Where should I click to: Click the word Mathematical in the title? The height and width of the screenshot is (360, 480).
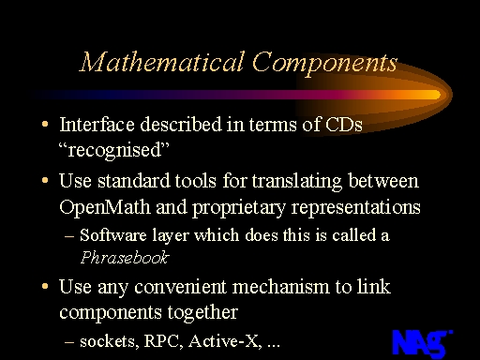pyautogui.click(x=162, y=62)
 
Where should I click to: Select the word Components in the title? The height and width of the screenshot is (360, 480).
pyautogui.click(x=324, y=64)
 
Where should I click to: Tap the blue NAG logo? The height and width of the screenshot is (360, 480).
pyautogui.click(x=422, y=343)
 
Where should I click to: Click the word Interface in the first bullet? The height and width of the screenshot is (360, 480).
pyautogui.click(x=97, y=125)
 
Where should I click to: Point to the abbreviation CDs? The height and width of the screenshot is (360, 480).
pyautogui.click(x=344, y=125)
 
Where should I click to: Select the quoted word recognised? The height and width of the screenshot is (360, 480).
pyautogui.click(x=114, y=150)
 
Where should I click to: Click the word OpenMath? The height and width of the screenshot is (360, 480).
pyautogui.click(x=105, y=207)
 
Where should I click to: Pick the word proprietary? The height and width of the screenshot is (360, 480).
pyautogui.click(x=238, y=208)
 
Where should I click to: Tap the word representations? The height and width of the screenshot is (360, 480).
pyautogui.click(x=355, y=208)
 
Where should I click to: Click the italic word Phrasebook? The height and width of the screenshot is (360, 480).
pyautogui.click(x=125, y=258)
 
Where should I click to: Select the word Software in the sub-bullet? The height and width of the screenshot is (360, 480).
pyautogui.click(x=113, y=235)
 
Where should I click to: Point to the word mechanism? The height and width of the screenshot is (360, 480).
pyautogui.click(x=281, y=287)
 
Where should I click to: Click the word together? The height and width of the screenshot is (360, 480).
pyautogui.click(x=202, y=312)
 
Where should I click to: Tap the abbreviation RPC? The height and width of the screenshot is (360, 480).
pyautogui.click(x=163, y=341)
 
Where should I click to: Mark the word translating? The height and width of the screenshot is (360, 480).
pyautogui.click(x=297, y=182)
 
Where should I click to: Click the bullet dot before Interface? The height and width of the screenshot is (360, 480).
pyautogui.click(x=45, y=124)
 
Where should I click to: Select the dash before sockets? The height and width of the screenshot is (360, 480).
pyautogui.click(x=69, y=342)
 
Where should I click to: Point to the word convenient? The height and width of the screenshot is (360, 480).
pyautogui.click(x=180, y=287)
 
